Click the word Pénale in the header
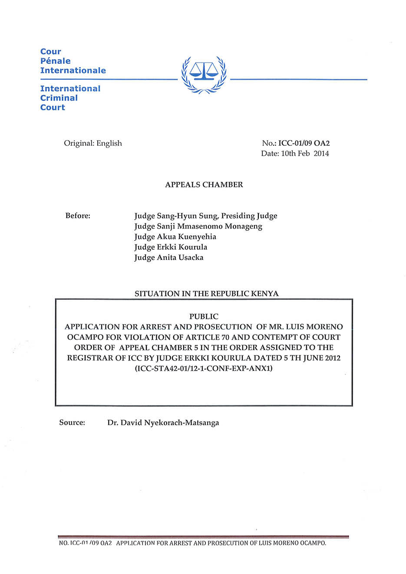point(55,61)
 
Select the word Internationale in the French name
point(73,70)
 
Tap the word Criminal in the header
point(59,98)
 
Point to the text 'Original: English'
point(93,143)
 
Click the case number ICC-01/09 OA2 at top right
point(304,143)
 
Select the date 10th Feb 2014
point(305,154)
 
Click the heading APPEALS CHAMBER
point(204,185)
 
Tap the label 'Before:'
point(78,216)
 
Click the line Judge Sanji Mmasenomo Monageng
point(198,226)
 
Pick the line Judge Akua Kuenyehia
point(175,236)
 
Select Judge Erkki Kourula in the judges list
point(171,247)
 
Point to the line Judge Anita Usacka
point(168,257)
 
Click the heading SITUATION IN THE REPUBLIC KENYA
point(206,294)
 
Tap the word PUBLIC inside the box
point(204,316)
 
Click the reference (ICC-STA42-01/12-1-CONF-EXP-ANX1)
point(204,368)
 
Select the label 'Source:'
point(72,423)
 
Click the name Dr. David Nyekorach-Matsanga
point(163,423)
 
